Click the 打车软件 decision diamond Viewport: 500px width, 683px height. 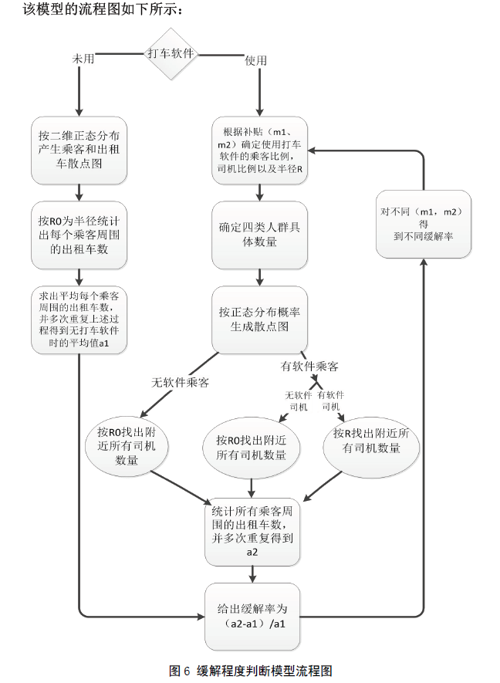click(171, 54)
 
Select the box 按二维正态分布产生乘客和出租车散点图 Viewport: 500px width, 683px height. click(79, 150)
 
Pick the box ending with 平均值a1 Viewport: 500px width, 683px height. click(79, 320)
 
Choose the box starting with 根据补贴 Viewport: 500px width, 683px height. click(260, 150)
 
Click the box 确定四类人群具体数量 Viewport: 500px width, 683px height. click(260, 235)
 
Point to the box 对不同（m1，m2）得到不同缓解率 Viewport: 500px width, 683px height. click(423, 223)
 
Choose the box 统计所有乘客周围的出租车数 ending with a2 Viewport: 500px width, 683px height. click(252, 531)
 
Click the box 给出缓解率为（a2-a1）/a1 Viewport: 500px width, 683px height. click(252, 615)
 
